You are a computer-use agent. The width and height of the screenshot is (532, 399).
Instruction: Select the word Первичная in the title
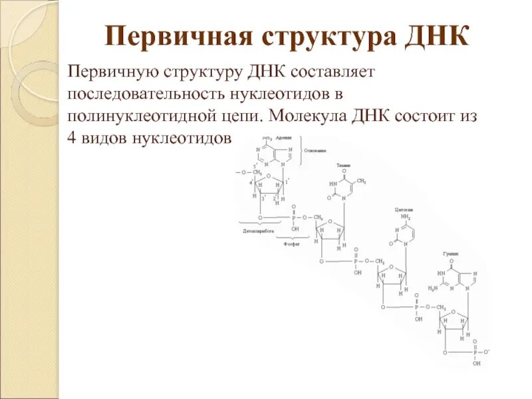(x=166, y=36)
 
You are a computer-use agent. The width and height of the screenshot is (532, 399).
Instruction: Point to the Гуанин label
(x=451, y=254)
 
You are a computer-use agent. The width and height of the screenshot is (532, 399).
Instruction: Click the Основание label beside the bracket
(x=316, y=151)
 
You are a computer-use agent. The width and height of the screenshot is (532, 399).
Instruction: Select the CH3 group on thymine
(x=362, y=180)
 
